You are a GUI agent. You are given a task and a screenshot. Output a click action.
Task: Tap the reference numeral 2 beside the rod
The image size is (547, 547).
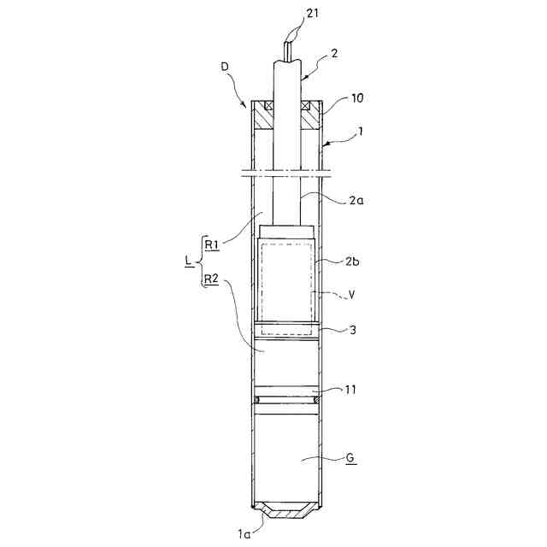[x=334, y=53]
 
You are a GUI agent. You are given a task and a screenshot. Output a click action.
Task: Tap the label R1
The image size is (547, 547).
[x=210, y=243]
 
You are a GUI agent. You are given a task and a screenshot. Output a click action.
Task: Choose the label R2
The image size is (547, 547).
[x=210, y=279]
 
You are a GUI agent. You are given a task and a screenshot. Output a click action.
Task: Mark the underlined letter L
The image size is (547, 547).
[x=187, y=261]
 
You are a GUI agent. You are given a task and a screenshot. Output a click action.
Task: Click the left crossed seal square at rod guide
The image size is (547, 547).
[x=269, y=106]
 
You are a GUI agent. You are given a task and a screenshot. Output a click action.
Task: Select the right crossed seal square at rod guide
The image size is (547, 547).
[x=306, y=106]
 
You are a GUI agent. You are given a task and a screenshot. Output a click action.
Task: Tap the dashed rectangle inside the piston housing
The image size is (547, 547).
[x=287, y=285]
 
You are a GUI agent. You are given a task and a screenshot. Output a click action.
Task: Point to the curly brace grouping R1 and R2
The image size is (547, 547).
[x=198, y=261]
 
